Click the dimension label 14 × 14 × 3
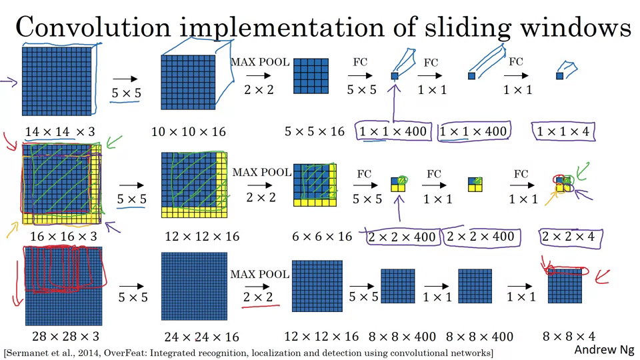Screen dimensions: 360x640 pyautogui.click(x=59, y=132)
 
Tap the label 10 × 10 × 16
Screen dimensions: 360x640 pyautogui.click(x=189, y=132)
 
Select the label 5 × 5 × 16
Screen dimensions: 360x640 pyautogui.click(x=315, y=131)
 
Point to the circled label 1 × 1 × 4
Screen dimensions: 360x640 pyautogui.click(x=563, y=131)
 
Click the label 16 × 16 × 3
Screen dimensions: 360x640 pyautogui.click(x=63, y=236)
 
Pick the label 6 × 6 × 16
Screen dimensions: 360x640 pyautogui.click(x=322, y=236)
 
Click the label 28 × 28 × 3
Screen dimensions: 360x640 pyautogui.click(x=64, y=336)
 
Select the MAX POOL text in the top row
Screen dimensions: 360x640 pyautogui.click(x=260, y=62)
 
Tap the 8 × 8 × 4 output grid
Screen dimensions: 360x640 pyautogui.click(x=565, y=287)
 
